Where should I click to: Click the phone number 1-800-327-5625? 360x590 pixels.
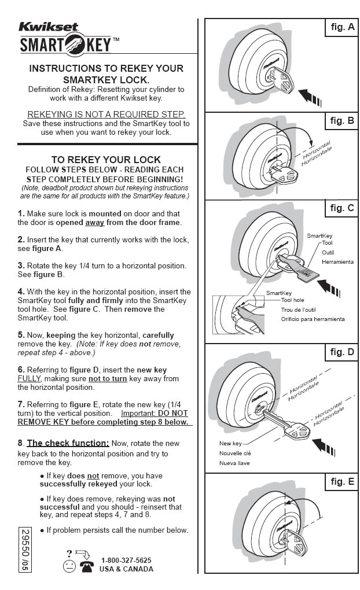[126, 560]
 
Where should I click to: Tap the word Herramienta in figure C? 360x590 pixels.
[337, 262]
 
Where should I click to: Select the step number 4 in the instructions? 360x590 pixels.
[21, 292]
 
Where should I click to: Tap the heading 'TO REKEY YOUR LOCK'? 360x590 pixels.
[106, 160]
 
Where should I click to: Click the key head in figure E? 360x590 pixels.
[298, 542]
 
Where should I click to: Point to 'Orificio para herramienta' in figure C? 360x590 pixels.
[313, 319]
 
